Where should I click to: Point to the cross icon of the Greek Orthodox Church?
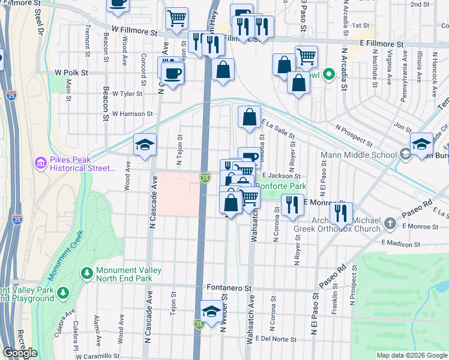click(x=391, y=224)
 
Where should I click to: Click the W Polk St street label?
click(x=71, y=72)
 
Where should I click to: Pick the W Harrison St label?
click(x=132, y=113)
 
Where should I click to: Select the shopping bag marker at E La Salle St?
click(x=249, y=117)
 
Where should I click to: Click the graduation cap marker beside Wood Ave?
click(x=145, y=145)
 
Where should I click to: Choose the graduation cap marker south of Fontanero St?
click(x=211, y=311)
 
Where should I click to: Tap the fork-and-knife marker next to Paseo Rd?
click(x=340, y=213)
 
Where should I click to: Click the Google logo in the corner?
click(x=20, y=353)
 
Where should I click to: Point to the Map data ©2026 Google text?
click(x=411, y=355)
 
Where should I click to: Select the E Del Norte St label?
click(x=276, y=339)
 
